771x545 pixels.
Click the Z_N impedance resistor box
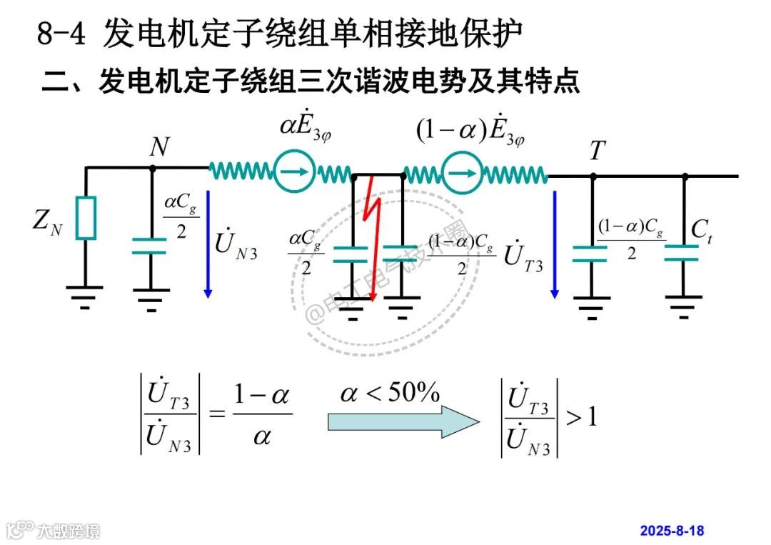point(86,217)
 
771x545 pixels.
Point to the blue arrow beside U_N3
point(208,243)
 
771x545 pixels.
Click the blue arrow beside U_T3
point(555,243)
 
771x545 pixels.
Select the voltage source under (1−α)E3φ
point(460,172)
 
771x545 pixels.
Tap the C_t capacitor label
point(701,230)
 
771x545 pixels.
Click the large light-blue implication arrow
point(403,421)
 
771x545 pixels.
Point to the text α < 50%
point(390,394)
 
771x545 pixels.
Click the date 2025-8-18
point(672,531)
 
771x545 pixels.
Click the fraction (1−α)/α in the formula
point(262,415)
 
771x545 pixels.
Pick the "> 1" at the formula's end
point(581,416)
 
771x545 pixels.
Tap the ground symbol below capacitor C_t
point(683,306)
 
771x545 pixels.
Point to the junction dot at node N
point(152,169)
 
